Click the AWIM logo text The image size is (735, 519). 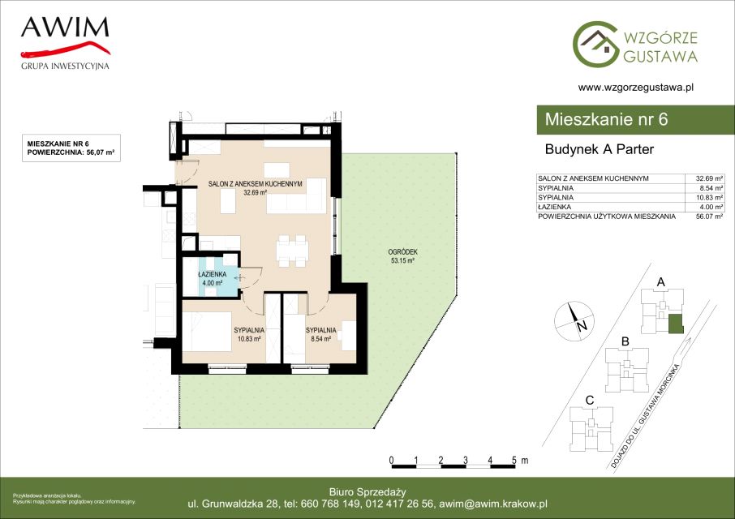[x=65, y=28]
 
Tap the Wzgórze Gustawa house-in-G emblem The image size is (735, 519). [x=595, y=44]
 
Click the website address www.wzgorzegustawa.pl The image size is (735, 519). [x=636, y=87]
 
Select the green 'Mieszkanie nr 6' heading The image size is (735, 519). [x=606, y=119]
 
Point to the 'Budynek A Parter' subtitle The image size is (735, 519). [x=599, y=149]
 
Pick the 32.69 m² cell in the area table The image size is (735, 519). [x=709, y=178]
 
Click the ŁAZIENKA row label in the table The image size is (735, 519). [x=555, y=207]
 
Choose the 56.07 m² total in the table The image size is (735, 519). [x=709, y=217]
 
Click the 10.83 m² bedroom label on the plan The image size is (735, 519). [x=249, y=334]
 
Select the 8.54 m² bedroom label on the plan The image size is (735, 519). [x=321, y=334]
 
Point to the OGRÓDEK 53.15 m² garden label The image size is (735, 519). [x=402, y=256]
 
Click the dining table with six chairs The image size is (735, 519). [x=293, y=251]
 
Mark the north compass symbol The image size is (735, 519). [x=574, y=321]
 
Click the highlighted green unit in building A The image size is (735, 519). [x=676, y=324]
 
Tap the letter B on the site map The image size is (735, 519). [x=625, y=342]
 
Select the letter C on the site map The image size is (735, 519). [x=590, y=401]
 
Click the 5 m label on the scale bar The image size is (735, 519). [x=519, y=461]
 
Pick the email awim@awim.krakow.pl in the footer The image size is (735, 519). [x=493, y=504]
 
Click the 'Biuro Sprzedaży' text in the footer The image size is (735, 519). [x=367, y=492]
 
